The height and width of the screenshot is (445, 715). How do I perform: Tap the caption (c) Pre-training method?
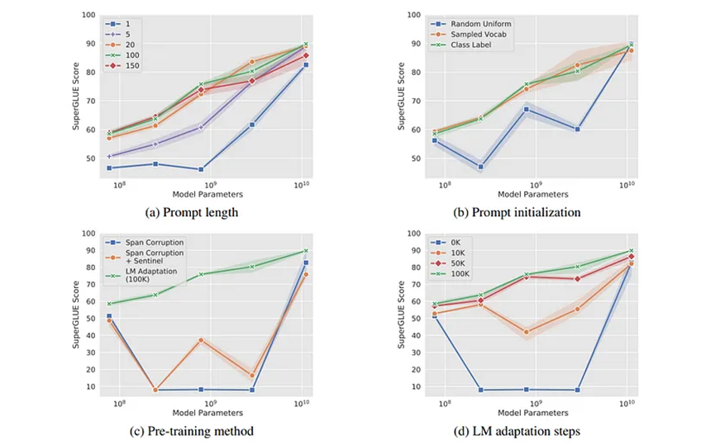click(x=199, y=431)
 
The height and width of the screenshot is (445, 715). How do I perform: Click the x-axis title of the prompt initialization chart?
click(x=532, y=194)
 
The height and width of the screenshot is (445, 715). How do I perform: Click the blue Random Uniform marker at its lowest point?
click(x=480, y=167)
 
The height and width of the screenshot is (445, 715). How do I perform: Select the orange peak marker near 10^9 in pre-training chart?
click(x=201, y=339)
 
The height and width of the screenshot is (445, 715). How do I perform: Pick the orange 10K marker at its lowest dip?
click(x=527, y=332)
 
